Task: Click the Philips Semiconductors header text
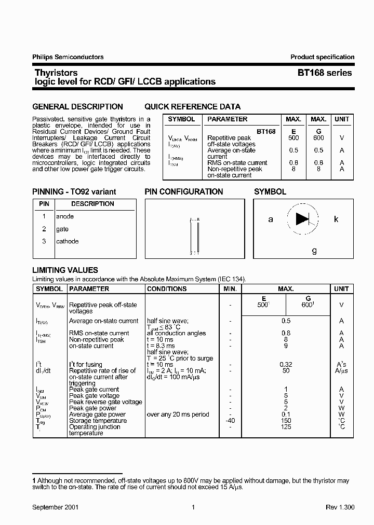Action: (x=68, y=57)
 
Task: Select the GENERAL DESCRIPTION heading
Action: (x=77, y=107)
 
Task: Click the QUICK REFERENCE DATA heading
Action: (x=192, y=107)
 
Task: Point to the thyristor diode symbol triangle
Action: (x=302, y=219)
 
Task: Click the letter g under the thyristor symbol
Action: (x=314, y=251)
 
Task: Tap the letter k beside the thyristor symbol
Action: (x=336, y=219)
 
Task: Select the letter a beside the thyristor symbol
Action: (x=271, y=219)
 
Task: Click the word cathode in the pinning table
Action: (x=68, y=241)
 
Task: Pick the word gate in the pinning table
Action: (x=62, y=229)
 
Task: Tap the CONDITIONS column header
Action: (x=166, y=289)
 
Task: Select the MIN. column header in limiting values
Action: (x=230, y=289)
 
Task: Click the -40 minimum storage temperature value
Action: (x=230, y=421)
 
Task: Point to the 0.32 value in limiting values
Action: (x=286, y=365)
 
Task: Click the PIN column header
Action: (x=44, y=204)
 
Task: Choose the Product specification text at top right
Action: (x=322, y=57)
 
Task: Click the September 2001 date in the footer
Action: (x=56, y=507)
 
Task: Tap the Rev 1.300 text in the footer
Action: (x=340, y=507)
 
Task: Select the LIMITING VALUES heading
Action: (x=65, y=270)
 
